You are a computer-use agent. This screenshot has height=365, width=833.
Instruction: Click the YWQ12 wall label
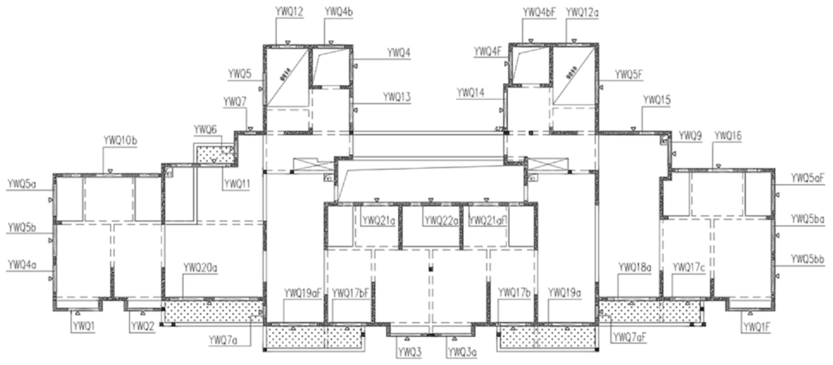coord(289,12)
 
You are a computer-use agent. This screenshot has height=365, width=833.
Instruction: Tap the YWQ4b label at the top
coord(339,12)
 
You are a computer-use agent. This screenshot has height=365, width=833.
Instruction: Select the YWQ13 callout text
coord(397,97)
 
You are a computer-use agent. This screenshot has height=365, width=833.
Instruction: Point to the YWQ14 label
coord(470,93)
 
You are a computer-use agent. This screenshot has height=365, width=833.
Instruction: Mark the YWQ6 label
coord(205,130)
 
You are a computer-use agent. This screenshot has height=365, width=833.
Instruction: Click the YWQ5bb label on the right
coord(807,259)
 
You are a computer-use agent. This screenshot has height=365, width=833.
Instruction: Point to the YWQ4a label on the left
coord(22,264)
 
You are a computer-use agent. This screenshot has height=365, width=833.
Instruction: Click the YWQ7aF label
coord(630,337)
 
